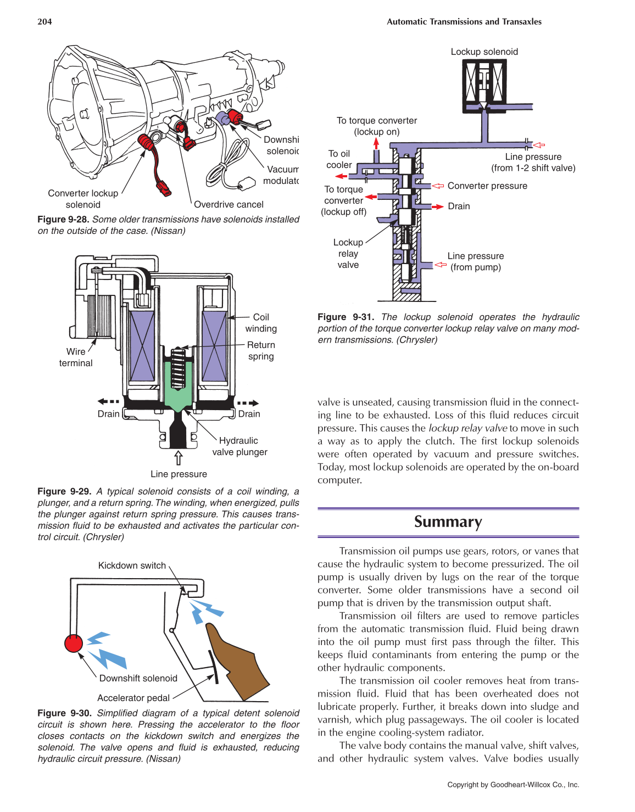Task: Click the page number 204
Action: click(44, 22)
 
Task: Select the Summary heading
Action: click(448, 522)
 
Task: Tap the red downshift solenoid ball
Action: click(74, 643)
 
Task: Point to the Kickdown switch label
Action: click(132, 565)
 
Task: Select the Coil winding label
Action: click(261, 323)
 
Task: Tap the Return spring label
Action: click(261, 351)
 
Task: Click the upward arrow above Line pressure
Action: click(178, 457)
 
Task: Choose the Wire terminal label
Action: click(76, 357)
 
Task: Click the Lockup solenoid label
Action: click(484, 52)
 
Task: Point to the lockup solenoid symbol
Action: click(484, 85)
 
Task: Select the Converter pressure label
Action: click(487, 186)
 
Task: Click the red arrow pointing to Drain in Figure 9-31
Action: click(437, 207)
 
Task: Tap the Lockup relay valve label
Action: click(348, 254)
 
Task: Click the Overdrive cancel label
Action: click(229, 205)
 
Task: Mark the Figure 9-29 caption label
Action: click(64, 491)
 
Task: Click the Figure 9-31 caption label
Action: click(346, 317)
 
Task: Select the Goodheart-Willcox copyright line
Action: click(513, 785)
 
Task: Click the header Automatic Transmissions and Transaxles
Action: click(464, 22)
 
